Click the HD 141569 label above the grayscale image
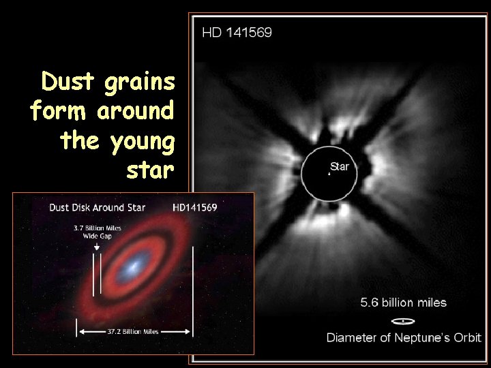tap(237, 31)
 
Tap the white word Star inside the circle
tap(340, 166)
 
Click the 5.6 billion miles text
tap(404, 303)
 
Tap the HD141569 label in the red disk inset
tap(195, 208)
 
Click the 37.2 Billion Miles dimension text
tap(134, 332)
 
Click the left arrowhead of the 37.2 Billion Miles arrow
tap(83, 332)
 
